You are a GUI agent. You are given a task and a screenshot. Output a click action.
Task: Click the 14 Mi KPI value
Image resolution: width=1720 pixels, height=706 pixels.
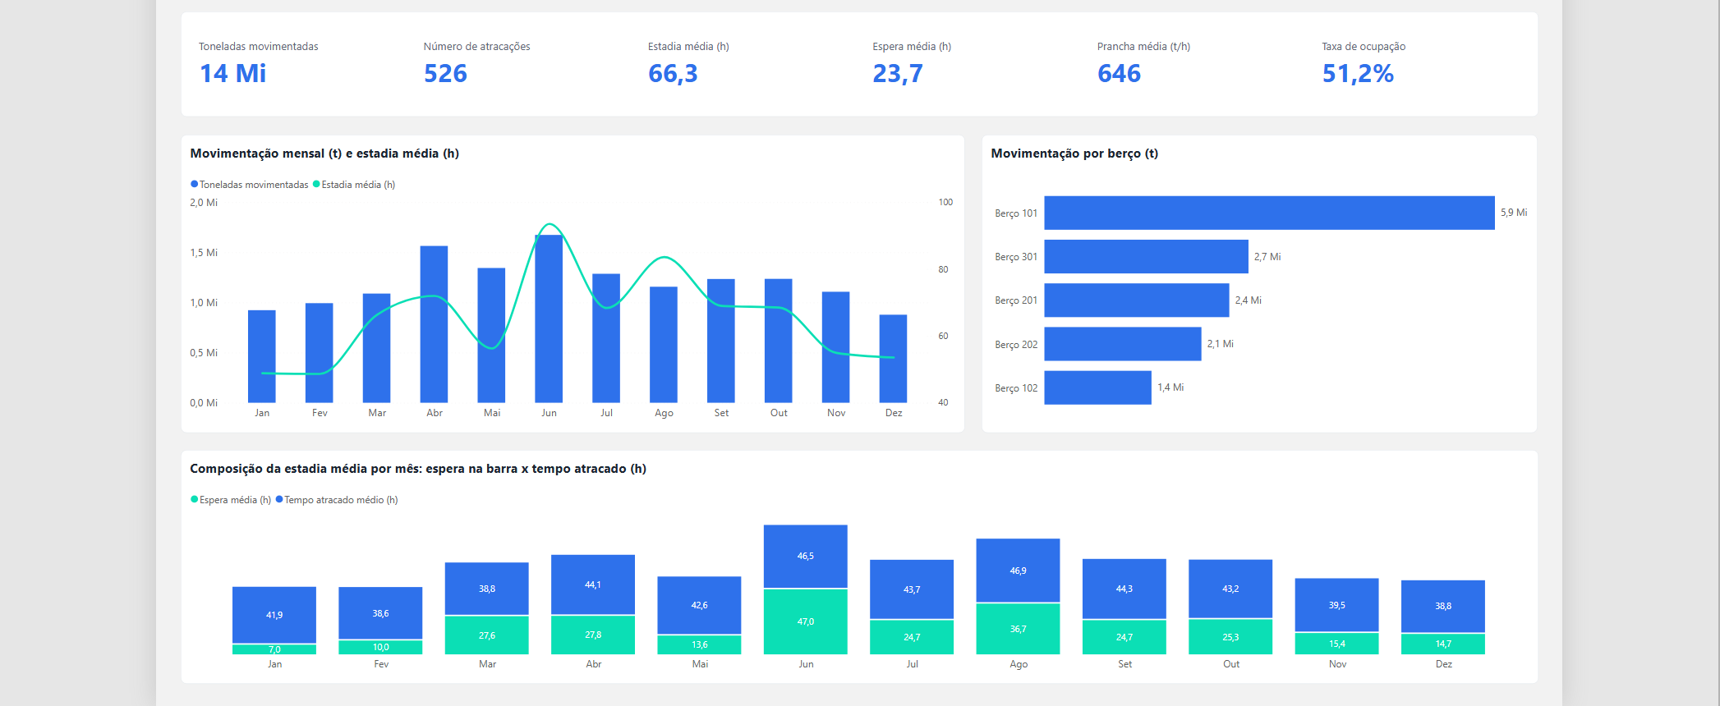pos(233,74)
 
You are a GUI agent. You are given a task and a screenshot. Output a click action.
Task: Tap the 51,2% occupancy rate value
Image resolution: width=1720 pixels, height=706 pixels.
pos(1358,74)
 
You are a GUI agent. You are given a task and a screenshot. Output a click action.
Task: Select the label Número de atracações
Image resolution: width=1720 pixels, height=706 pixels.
pos(476,47)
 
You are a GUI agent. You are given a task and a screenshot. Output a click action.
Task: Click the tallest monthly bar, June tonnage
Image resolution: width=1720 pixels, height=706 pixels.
pos(549,319)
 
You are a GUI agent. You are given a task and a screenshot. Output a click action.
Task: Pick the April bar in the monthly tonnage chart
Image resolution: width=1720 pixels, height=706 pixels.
pos(434,324)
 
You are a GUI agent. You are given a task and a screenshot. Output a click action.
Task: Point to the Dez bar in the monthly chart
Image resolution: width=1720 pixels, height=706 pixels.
pos(893,359)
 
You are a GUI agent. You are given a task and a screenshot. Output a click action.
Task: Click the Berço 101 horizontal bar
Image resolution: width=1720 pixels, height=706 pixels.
pos(1269,213)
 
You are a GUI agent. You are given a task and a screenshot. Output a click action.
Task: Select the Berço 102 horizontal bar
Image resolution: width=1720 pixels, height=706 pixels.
pos(1097,387)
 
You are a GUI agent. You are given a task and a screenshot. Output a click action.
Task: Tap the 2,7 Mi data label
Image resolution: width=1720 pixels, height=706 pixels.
pos(1267,257)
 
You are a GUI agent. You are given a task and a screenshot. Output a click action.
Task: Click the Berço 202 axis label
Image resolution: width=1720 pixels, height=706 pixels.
pos(1016,345)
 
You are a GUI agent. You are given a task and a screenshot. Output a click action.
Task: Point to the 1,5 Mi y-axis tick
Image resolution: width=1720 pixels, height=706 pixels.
pos(204,253)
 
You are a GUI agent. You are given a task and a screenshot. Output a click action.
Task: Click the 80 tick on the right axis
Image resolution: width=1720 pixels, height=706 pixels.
pos(943,269)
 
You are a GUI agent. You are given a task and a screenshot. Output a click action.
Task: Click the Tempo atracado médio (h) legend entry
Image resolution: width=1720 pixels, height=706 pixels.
pos(337,500)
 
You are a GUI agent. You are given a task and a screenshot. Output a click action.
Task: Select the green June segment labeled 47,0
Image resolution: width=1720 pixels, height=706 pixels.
pos(806,621)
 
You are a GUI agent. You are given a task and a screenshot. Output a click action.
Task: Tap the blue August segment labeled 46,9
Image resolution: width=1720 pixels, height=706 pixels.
pos(1018,571)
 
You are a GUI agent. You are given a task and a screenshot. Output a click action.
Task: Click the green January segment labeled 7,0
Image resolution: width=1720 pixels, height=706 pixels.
pos(274,649)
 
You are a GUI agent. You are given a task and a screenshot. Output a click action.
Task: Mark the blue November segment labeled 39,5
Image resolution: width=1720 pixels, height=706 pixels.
pos(1336,605)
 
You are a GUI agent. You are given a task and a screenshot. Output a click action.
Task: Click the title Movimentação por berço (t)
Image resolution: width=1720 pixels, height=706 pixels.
pos(1074,154)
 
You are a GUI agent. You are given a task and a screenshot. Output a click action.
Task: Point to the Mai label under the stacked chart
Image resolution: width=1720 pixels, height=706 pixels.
pos(700,664)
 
